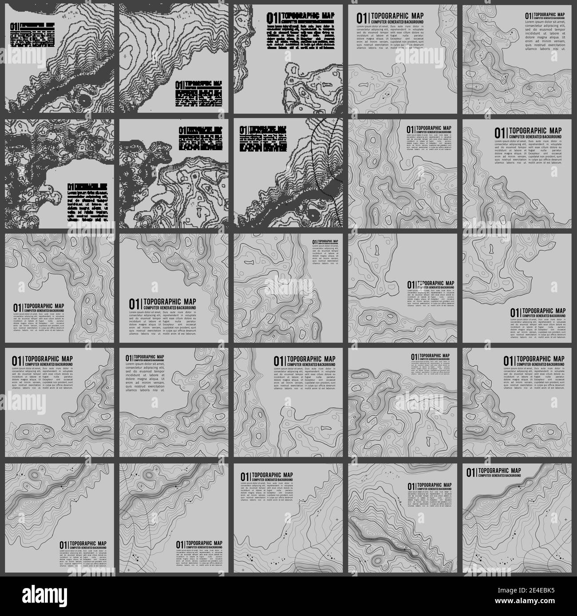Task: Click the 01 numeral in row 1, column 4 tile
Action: (x=362, y=17)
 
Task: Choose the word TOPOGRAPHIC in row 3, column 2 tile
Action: (x=167, y=302)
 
